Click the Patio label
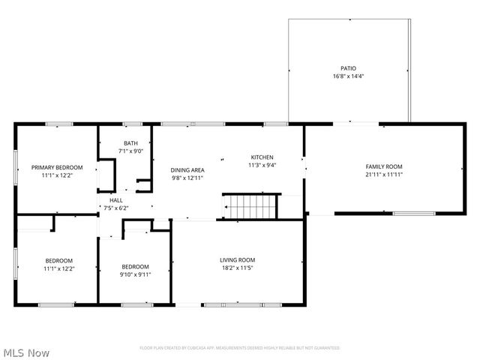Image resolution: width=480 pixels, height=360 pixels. (x=349, y=68)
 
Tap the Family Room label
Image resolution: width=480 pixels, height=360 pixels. (x=384, y=166)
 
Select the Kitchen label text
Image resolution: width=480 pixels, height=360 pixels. (x=262, y=157)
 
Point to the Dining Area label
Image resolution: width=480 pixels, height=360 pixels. (x=187, y=170)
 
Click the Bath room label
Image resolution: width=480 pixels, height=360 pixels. (x=131, y=143)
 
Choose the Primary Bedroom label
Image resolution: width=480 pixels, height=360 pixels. (x=57, y=167)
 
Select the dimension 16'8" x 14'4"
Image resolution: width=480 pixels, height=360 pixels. (x=349, y=76)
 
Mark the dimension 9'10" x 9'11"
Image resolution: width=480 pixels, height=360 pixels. (x=136, y=274)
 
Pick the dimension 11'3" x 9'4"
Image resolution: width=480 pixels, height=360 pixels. (x=262, y=165)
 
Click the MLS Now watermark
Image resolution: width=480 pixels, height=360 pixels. (x=26, y=352)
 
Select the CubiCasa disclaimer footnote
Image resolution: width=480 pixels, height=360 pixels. (x=240, y=348)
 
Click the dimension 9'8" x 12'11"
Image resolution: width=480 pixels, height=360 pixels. (x=187, y=178)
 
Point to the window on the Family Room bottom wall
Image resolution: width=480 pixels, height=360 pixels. (x=414, y=214)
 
